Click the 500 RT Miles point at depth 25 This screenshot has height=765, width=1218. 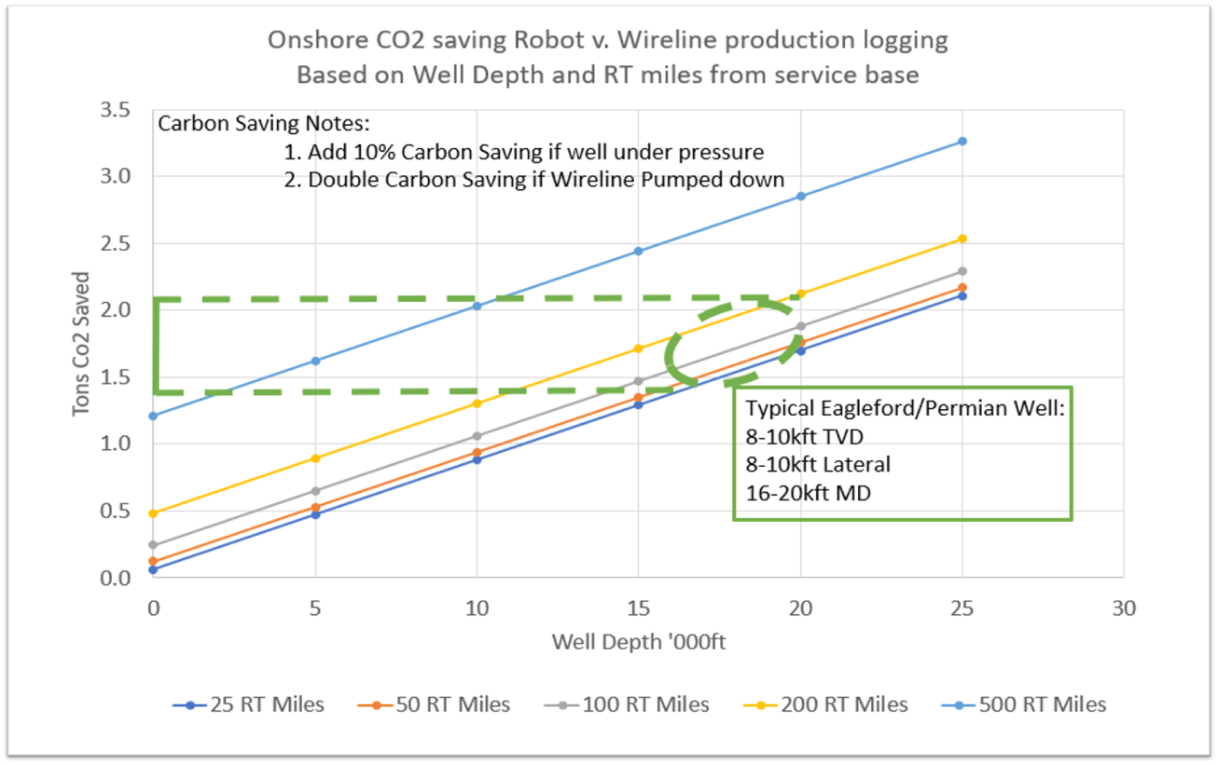point(962,142)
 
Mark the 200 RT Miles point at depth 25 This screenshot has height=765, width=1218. point(962,239)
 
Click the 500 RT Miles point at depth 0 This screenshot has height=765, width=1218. point(153,416)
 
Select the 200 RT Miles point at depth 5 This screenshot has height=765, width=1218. point(315,458)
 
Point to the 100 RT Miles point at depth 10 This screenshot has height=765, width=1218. point(477,436)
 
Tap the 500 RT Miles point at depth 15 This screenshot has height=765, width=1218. point(638,252)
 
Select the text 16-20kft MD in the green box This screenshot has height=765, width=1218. point(808,492)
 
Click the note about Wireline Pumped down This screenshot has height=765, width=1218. point(533,180)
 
